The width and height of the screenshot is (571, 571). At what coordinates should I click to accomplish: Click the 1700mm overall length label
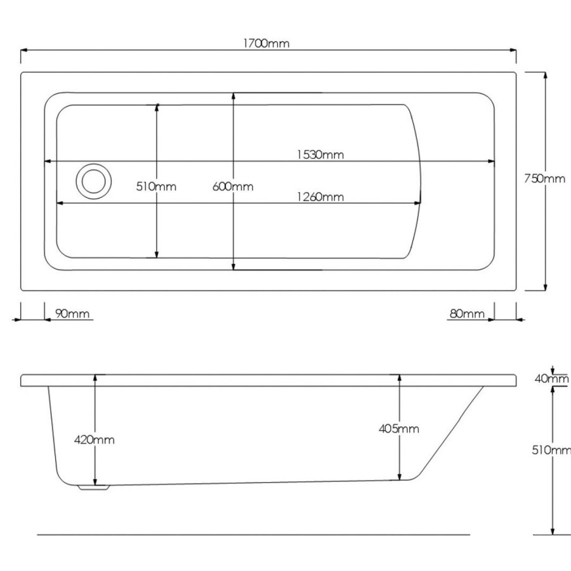click(266, 43)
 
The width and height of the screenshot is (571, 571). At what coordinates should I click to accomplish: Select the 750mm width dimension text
click(544, 178)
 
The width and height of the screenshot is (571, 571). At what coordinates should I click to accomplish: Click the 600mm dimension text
click(233, 187)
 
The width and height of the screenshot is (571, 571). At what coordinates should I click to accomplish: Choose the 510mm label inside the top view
click(156, 187)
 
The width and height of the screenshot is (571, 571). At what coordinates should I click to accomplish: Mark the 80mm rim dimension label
click(467, 313)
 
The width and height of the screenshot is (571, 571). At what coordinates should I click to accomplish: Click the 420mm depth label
click(96, 439)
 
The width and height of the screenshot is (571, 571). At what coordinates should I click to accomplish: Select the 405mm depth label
click(399, 429)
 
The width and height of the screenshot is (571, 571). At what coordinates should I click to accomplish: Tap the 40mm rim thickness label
click(551, 379)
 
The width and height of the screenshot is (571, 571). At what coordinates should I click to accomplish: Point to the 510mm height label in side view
click(551, 450)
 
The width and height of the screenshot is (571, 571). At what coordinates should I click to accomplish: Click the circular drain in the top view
click(93, 180)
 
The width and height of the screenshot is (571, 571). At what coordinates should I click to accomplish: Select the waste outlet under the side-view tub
click(93, 488)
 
